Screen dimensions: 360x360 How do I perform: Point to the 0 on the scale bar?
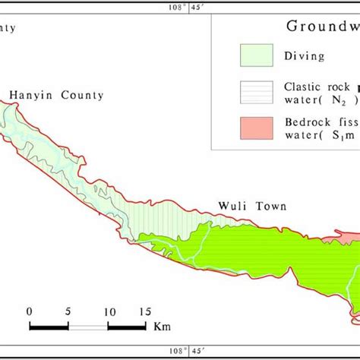(x=30, y=312)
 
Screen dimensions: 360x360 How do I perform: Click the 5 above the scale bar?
(x=69, y=312)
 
